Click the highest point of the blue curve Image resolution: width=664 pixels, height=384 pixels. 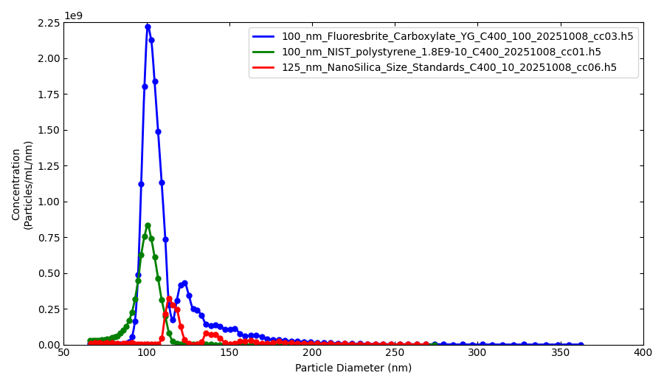pos(148,27)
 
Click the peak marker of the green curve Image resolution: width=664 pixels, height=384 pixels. pos(148,225)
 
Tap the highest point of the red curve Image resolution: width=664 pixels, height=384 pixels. pos(169,299)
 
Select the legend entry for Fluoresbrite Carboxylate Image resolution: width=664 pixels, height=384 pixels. pos(457,36)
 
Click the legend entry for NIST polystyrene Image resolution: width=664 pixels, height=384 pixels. pos(440,52)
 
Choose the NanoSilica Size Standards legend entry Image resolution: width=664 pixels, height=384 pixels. pos(449,67)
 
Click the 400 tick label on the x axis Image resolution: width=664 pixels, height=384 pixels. pos(643,353)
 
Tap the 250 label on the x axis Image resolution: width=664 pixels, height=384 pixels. pos(395,353)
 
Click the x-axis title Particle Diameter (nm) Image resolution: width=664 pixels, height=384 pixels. pos(353,368)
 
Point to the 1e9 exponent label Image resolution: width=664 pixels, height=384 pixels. pos(73,16)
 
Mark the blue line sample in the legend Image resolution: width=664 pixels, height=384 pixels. pos(264,36)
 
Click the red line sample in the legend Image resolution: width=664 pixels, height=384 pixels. pos(264,67)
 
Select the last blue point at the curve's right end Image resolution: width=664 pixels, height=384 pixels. pos(581,345)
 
